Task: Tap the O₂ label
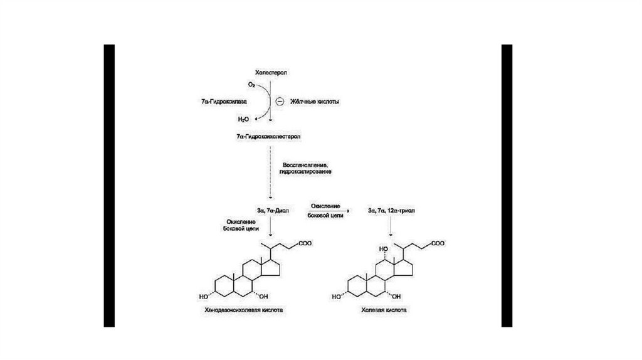point(251,83)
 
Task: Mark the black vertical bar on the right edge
point(507,186)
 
